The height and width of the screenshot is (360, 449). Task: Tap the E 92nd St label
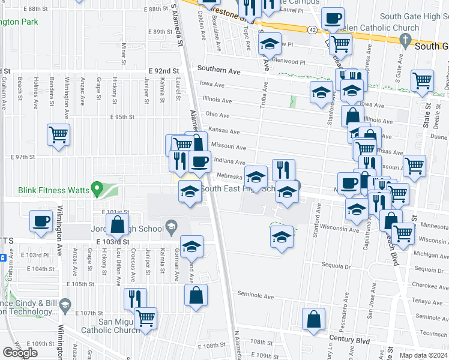point(164,71)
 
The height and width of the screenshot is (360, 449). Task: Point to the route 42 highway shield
point(313,29)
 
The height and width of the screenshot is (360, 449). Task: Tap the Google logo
point(20,353)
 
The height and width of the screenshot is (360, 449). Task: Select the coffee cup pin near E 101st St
point(41,221)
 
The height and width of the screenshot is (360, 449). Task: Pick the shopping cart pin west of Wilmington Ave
point(59,135)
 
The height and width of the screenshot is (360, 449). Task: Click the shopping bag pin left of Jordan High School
point(118,225)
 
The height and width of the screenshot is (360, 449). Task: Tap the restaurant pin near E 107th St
point(135,299)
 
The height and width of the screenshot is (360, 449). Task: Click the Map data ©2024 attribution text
point(424,355)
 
